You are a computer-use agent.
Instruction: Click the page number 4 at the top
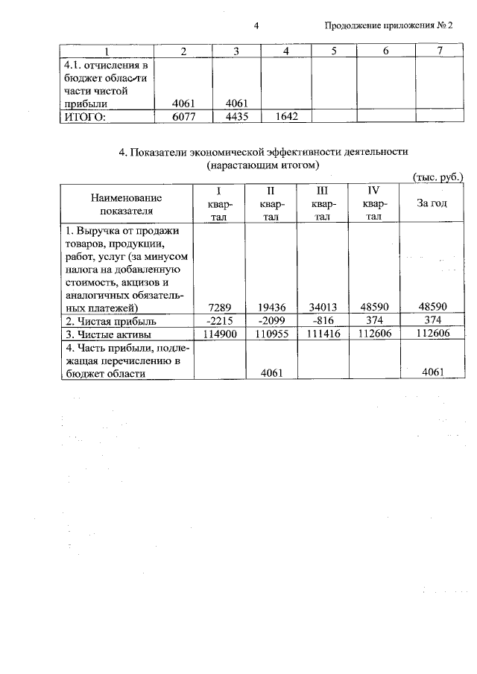point(256,27)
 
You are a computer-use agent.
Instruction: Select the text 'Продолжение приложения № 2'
point(389,27)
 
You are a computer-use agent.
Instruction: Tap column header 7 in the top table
point(440,51)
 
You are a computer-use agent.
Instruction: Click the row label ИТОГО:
point(84,116)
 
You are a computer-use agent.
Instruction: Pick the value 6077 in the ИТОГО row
point(183,116)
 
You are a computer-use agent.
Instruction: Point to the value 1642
point(286,116)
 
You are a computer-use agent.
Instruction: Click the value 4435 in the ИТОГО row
point(236,116)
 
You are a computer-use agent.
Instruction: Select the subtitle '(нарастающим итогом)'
point(263,165)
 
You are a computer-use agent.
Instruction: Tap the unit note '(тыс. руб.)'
point(437,177)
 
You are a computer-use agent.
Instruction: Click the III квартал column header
point(323,203)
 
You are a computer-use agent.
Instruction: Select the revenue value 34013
point(322,306)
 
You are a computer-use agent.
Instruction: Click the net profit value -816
point(322,320)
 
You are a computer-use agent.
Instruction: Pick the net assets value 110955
point(271,334)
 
